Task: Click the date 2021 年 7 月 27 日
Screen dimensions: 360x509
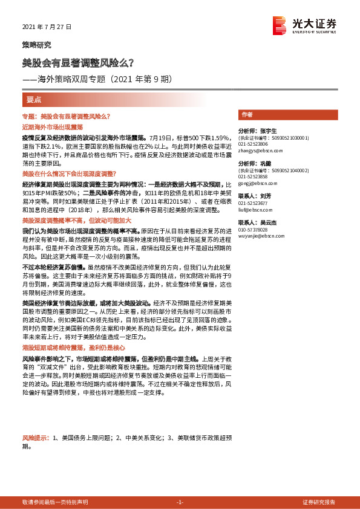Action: [46, 27]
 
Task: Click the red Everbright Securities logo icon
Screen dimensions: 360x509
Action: [280, 25]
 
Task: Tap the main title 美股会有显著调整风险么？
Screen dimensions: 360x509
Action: [78, 62]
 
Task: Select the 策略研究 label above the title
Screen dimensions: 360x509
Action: [36, 45]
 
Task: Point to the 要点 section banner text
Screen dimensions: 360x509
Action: [34, 99]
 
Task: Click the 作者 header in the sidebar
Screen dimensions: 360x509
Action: [247, 114]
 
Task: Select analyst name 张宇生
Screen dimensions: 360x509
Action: [266, 131]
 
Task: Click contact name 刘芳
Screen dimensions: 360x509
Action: [265, 196]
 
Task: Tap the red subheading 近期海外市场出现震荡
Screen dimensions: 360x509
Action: [52, 128]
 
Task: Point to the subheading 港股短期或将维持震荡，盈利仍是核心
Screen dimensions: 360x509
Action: [73, 348]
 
